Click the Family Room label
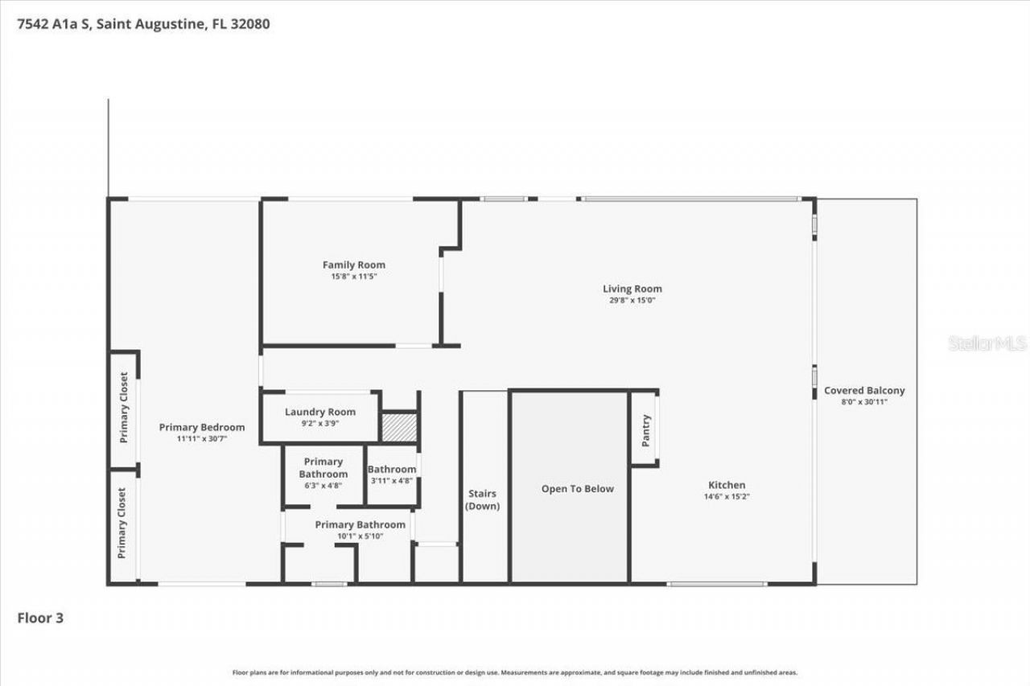[354, 265]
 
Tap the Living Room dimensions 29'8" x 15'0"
[632, 301]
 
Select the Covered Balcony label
[864, 391]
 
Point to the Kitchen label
[727, 485]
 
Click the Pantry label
[645, 430]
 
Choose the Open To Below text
[577, 489]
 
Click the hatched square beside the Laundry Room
[399, 427]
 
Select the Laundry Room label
[320, 412]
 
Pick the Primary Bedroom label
[202, 427]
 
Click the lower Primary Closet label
[122, 523]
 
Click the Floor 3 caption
[40, 618]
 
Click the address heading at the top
[143, 24]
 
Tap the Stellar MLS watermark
[987, 343]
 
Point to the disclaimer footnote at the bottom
[515, 672]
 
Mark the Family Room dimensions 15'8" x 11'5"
[354, 277]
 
